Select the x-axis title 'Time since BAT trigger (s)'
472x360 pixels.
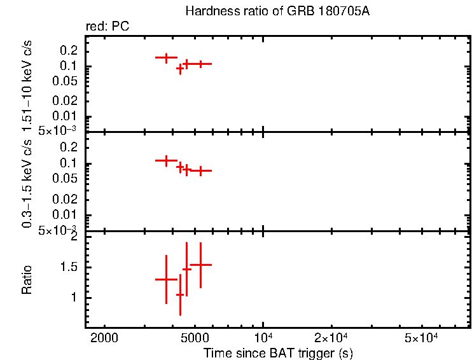(278, 352)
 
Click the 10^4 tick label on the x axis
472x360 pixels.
(263, 338)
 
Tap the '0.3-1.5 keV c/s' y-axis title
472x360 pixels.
(27, 183)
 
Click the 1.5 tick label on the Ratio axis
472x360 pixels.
(69, 267)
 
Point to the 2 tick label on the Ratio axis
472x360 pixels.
(74, 237)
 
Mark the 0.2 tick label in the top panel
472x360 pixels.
(69, 50)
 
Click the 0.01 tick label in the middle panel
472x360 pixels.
(66, 216)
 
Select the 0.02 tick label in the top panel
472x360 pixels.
(66, 100)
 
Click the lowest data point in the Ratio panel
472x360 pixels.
(180, 294)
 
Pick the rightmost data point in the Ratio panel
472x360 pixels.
(200, 264)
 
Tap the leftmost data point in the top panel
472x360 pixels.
(166, 57)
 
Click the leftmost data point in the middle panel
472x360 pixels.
(166, 160)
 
